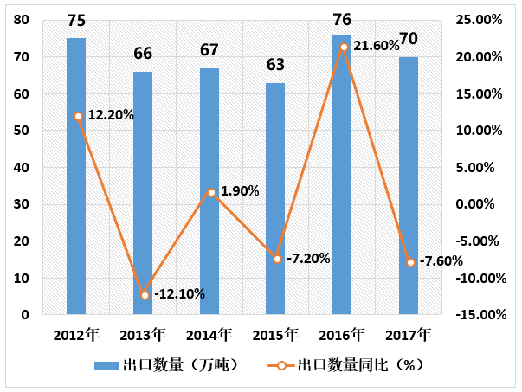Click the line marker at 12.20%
78,116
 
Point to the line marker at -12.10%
145,295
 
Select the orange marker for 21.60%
344,47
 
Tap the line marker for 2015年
277,259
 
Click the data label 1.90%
240,191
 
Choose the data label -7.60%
441,261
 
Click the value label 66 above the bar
143,54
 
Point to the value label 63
275,65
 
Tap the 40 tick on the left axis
21,168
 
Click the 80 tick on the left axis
21,20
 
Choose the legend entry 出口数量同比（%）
355,365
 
